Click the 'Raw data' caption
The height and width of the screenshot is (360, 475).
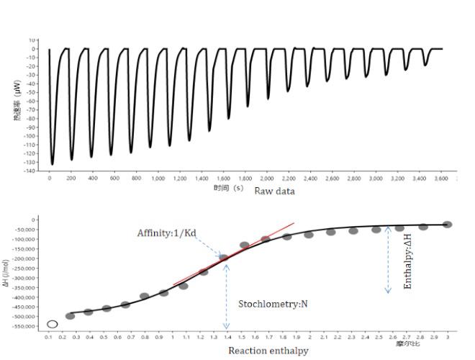(x=274, y=192)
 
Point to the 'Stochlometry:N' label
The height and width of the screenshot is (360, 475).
(x=273, y=304)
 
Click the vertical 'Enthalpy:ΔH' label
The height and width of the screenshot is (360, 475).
(x=408, y=261)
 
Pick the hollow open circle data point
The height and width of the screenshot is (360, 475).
(x=53, y=325)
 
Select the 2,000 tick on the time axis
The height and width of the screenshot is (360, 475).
(x=267, y=177)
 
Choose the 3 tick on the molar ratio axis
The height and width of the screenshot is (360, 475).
(x=448, y=337)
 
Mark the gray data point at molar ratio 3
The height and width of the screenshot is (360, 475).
(x=447, y=225)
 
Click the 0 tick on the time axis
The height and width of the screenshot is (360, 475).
(x=50, y=177)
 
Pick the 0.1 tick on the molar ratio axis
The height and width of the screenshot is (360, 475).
(x=49, y=337)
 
